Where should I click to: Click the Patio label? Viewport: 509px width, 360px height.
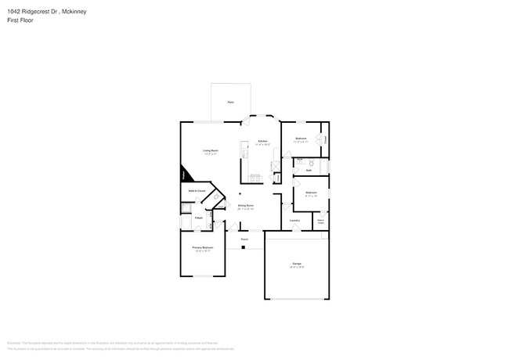[x=230, y=103]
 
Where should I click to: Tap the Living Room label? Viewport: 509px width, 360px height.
[x=210, y=151]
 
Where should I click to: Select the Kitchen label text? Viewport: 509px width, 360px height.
[x=262, y=142]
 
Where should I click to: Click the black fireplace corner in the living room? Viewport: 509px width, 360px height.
[x=185, y=175]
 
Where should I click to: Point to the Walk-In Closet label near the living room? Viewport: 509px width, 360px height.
[x=197, y=190]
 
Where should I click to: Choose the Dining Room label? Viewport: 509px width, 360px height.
[x=246, y=207]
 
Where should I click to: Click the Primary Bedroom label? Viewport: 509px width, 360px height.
[x=203, y=248]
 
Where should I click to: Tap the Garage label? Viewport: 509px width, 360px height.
[x=297, y=264]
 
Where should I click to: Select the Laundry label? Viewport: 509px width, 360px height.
[x=294, y=220]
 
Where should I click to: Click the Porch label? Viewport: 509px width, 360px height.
[x=244, y=239]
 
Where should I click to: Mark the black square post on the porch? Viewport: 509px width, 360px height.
[x=243, y=247]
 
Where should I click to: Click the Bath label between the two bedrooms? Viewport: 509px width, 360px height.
[x=309, y=170]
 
